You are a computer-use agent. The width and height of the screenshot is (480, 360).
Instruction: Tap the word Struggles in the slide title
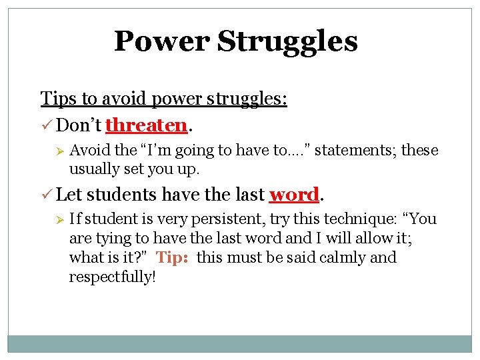pos(287,41)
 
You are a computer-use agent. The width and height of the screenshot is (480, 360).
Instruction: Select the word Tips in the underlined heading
pos(59,99)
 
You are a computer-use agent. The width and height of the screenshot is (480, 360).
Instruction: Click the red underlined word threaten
pos(146,125)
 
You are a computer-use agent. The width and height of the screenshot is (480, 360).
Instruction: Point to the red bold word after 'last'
pos(294,195)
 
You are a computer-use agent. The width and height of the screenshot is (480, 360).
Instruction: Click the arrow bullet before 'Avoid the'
pos(58,151)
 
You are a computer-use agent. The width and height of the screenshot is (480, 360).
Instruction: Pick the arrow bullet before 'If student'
pos(58,219)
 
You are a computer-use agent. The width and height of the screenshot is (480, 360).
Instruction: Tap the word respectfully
pos(112,277)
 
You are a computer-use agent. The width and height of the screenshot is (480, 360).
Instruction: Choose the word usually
pos(92,169)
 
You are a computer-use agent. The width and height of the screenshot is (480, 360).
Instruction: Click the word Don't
pos(79,125)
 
